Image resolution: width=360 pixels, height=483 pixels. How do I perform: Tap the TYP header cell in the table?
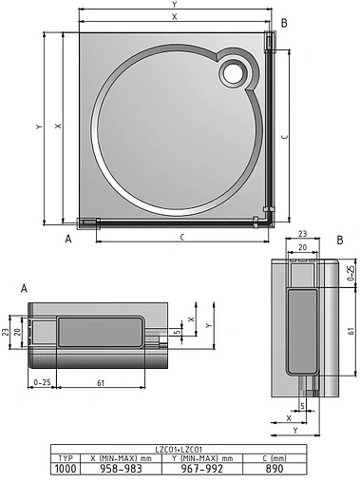[x=64, y=457]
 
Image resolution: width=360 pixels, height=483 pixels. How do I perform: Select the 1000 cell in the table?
[x=64, y=468]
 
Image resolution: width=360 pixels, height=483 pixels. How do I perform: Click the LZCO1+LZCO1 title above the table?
[x=179, y=448]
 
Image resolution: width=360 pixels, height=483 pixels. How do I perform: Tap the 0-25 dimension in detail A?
[x=41, y=381]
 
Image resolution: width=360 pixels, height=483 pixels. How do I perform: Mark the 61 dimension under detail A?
[x=101, y=381]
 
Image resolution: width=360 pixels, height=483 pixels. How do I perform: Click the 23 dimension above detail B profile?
[x=300, y=234]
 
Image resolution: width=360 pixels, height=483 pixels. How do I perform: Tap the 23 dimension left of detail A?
[x=7, y=332]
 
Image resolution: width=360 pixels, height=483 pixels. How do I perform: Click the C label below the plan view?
[x=180, y=236]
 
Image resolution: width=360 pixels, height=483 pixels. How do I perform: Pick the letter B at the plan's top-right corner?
[x=286, y=22]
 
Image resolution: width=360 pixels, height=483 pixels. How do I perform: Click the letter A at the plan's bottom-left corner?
[x=68, y=240]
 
